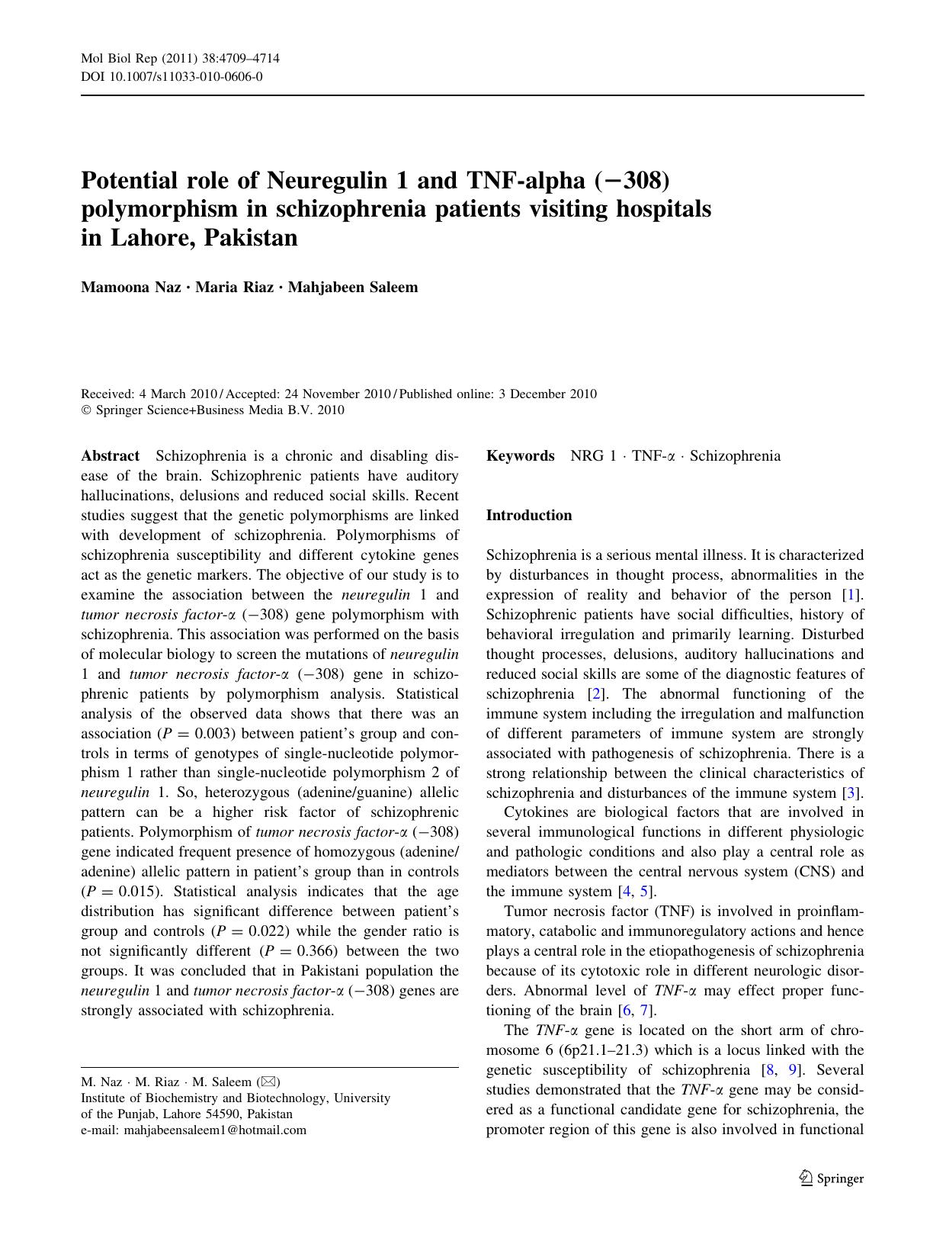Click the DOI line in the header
point(172,76)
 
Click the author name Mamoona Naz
point(130,288)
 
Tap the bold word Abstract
point(110,456)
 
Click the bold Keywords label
point(520,456)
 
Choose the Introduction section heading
point(528,516)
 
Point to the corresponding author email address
point(215,1130)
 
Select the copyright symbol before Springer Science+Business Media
point(85,410)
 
